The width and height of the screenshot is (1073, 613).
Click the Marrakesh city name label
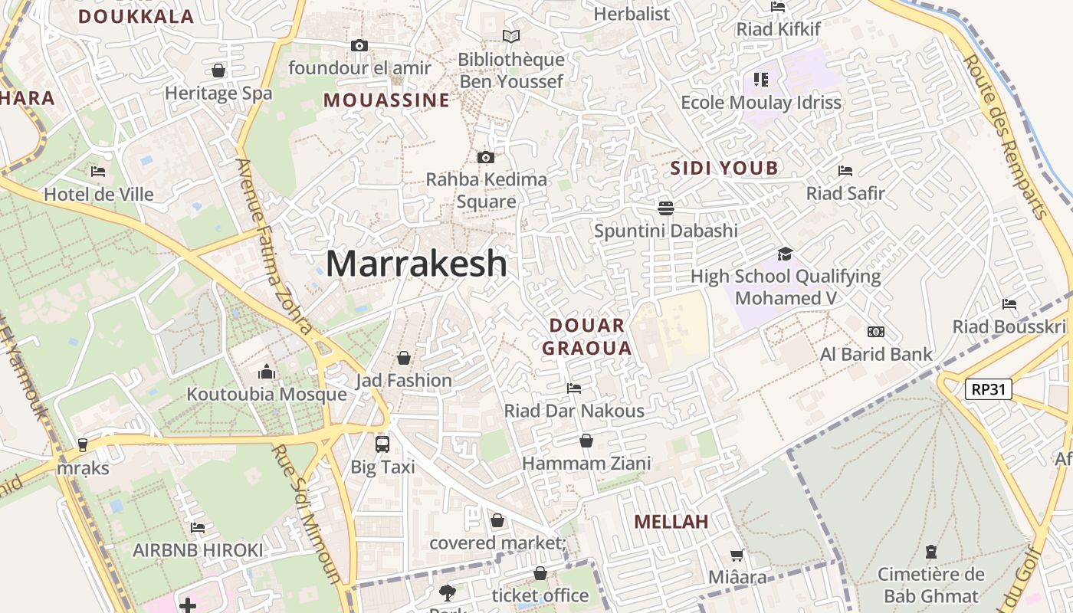[416, 264]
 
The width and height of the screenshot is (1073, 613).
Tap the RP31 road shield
[988, 389]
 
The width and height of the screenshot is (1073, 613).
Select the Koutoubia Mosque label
[267, 395]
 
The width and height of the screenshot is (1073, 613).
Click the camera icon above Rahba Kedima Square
[485, 158]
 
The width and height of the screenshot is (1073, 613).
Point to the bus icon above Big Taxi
[382, 444]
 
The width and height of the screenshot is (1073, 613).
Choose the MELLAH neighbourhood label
[671, 522]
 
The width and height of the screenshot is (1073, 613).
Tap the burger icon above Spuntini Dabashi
[665, 208]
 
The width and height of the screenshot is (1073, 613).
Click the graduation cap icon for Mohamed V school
[785, 254]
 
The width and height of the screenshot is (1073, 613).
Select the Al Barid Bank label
[876, 354]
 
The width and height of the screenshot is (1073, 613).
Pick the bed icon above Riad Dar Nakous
[573, 388]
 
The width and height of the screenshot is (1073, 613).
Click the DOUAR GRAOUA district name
[587, 337]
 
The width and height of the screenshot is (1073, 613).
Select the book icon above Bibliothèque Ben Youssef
[510, 36]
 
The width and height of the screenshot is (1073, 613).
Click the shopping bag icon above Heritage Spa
[218, 71]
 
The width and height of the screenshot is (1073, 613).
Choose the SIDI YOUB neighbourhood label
[724, 169]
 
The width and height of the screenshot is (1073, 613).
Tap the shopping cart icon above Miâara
[737, 555]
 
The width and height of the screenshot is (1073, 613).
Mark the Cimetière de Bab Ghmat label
[931, 585]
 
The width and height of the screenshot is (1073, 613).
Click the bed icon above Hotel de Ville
[97, 172]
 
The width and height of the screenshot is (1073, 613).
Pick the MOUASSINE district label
[386, 100]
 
